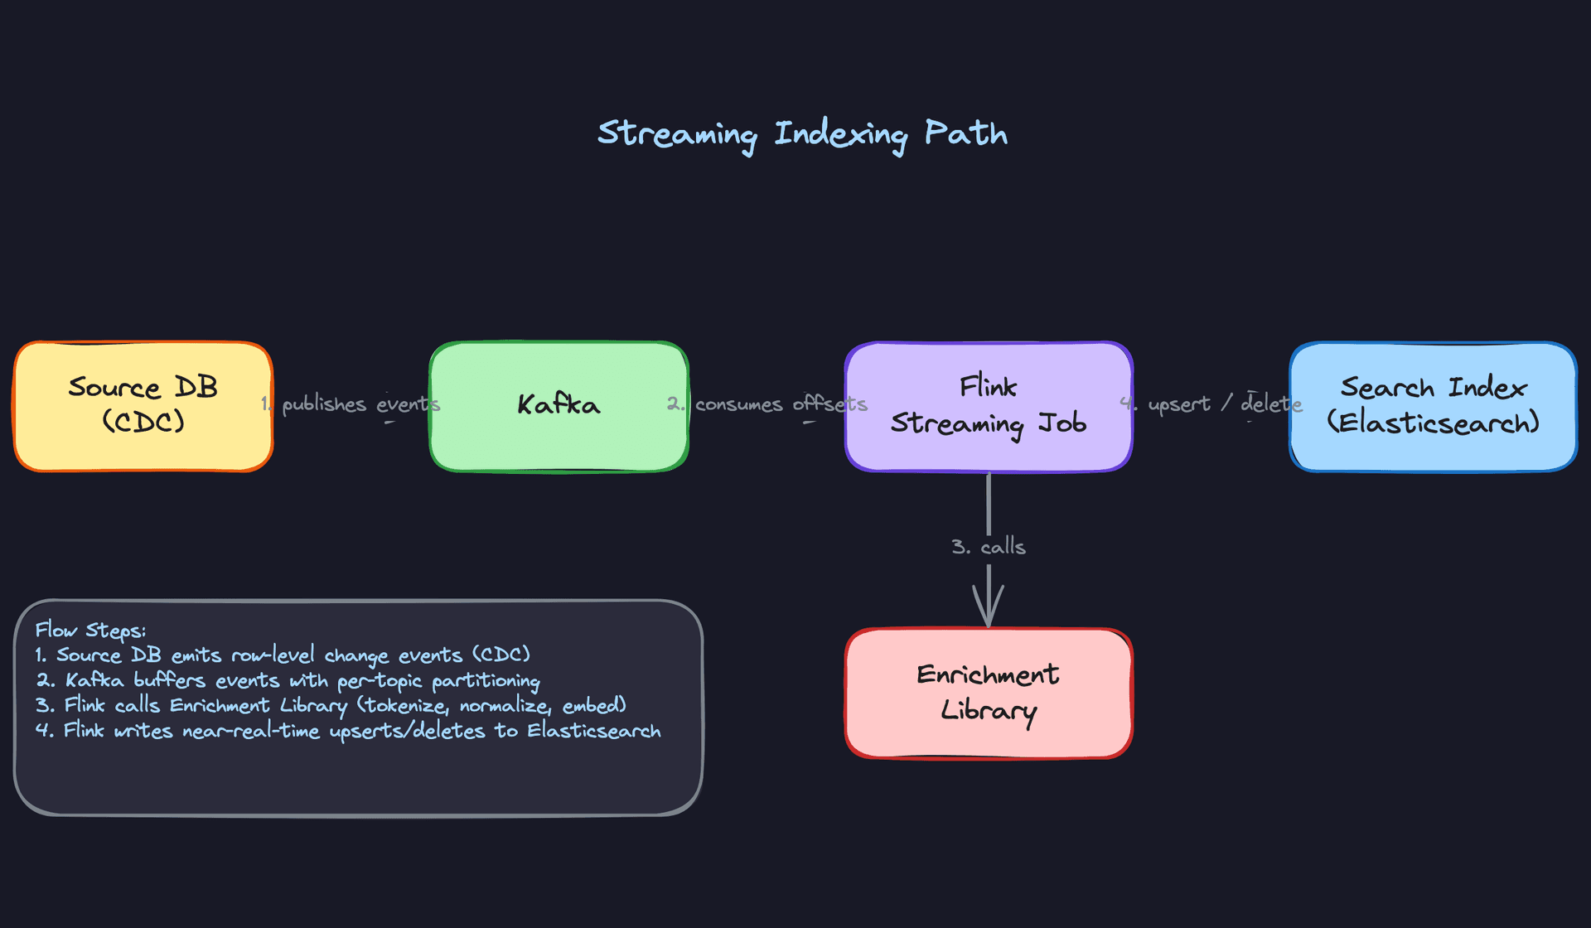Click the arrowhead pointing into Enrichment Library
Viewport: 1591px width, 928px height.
click(988, 609)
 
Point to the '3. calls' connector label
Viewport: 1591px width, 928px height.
click(988, 547)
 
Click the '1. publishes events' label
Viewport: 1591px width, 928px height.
click(351, 404)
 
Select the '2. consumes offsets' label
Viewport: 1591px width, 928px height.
click(767, 404)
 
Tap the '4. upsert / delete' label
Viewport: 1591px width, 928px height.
click(1211, 404)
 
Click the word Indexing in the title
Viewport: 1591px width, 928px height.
click(840, 134)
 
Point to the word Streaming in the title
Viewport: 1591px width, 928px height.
click(677, 134)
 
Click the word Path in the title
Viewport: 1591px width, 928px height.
click(965, 133)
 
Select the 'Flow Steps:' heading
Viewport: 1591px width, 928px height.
click(90, 630)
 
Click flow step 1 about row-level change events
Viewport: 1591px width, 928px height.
click(283, 655)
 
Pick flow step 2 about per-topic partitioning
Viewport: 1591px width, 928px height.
click(288, 681)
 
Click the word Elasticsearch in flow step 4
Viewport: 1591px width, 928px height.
click(594, 731)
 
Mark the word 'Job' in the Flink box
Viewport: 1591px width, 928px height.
click(1062, 423)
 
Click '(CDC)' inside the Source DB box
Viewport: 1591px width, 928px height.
click(143, 422)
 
